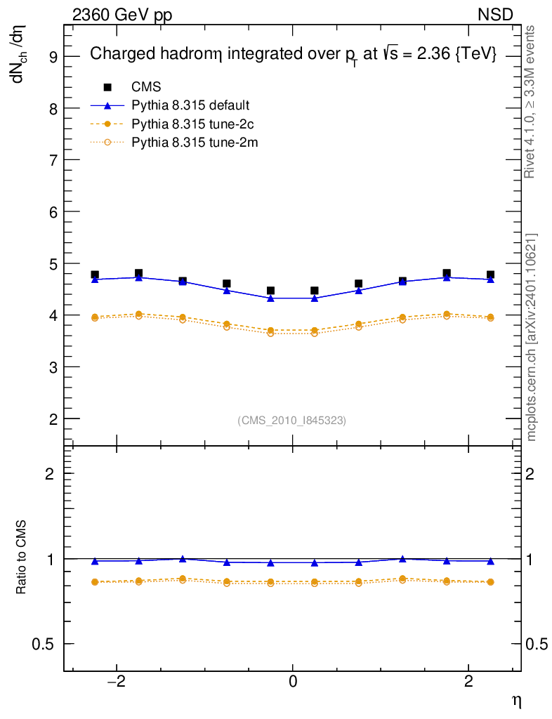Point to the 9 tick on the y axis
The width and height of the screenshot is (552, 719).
51,57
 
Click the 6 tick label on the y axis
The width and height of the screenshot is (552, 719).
51,211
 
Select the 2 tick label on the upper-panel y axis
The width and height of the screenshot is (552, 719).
51,418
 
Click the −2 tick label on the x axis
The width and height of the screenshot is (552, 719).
114,680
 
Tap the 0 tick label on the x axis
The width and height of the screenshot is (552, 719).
293,680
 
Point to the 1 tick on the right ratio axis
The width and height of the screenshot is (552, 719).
533,559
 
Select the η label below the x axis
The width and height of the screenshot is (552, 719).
515,700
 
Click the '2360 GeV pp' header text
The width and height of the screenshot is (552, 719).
122,15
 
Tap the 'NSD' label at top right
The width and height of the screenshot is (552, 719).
496,15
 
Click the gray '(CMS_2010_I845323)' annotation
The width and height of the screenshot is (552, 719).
292,420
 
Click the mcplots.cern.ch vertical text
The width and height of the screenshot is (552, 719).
532,337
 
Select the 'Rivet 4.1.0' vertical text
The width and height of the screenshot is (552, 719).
532,102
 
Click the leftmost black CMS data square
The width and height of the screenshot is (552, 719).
95,275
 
